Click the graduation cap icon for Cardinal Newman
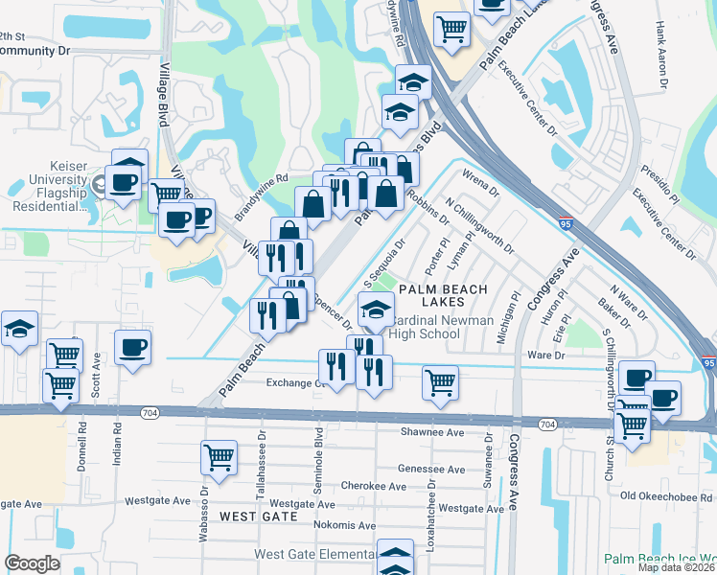(x=377, y=310)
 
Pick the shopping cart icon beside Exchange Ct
(x=440, y=382)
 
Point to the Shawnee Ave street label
(x=435, y=432)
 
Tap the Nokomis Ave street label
(x=341, y=525)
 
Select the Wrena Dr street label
(x=480, y=183)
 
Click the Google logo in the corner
(x=32, y=563)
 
